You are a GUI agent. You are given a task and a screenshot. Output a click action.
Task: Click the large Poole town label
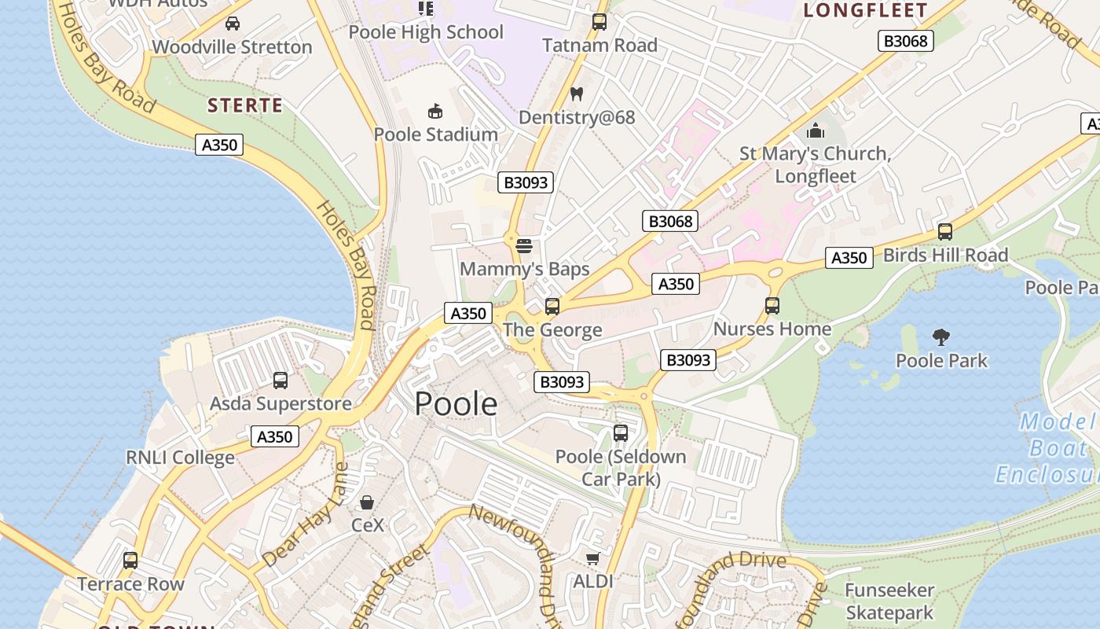tap(456, 403)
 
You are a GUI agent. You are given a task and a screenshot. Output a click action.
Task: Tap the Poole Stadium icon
tap(435, 111)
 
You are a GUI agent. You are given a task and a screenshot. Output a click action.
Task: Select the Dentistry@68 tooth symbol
tap(576, 94)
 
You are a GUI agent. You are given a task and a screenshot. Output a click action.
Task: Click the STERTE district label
tap(244, 105)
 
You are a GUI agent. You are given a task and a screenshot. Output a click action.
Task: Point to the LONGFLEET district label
tap(866, 11)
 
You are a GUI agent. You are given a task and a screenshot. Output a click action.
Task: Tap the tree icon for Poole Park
tap(941, 338)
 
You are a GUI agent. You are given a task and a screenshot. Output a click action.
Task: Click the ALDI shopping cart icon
tap(592, 558)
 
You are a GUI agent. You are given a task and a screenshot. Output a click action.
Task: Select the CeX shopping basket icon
tap(367, 502)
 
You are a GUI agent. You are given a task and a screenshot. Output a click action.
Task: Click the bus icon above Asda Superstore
tap(280, 381)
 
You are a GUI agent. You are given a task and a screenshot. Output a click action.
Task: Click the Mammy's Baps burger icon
tap(524, 246)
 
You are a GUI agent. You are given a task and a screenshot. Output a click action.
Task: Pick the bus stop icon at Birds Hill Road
tap(945, 232)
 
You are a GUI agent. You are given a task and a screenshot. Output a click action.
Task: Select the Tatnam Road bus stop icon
tap(599, 22)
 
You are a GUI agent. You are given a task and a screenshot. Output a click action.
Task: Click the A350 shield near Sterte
tap(219, 145)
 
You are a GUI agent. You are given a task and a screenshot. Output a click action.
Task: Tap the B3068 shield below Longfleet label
tap(905, 41)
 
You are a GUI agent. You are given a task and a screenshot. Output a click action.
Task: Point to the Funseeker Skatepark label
tap(889, 601)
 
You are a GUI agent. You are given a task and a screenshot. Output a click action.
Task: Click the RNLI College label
tap(180, 458)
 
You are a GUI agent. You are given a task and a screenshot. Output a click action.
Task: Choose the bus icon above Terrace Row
tap(130, 561)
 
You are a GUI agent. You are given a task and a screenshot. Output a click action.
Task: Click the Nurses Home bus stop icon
tap(772, 306)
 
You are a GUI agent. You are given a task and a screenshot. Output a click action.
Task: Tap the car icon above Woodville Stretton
tap(233, 24)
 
